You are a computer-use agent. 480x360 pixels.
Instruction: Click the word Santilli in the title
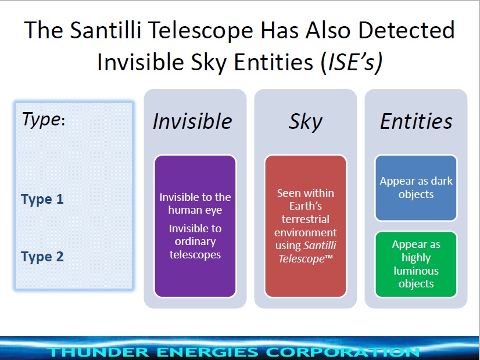coord(106,30)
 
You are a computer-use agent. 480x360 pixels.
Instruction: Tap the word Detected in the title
coord(406,30)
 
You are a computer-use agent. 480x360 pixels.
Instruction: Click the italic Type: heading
coord(44,120)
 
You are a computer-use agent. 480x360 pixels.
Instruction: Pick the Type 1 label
coord(42,199)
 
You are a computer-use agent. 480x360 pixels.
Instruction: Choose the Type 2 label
coord(42,257)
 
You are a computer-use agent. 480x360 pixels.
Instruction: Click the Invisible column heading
coord(192,121)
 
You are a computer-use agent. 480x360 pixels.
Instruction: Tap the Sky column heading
coord(305,123)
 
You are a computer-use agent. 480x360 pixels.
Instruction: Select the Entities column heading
coord(416,121)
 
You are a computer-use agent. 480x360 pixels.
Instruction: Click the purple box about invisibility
coord(195,226)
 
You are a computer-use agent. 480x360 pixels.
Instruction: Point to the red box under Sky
coord(306,226)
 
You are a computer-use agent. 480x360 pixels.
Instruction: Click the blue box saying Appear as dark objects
coord(416,188)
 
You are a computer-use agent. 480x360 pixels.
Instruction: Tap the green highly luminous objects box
coord(416,264)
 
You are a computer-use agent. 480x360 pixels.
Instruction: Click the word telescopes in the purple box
coord(195,255)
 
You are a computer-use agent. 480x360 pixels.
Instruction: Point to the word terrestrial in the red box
coord(306,219)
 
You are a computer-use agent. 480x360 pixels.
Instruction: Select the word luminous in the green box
coord(416,271)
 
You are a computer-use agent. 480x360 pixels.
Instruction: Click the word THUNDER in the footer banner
coord(98,352)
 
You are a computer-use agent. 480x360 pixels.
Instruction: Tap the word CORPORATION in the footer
coord(342,352)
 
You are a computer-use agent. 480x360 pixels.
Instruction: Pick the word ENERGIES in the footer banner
coord(207,352)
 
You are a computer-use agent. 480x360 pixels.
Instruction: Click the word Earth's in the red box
coord(306,206)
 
